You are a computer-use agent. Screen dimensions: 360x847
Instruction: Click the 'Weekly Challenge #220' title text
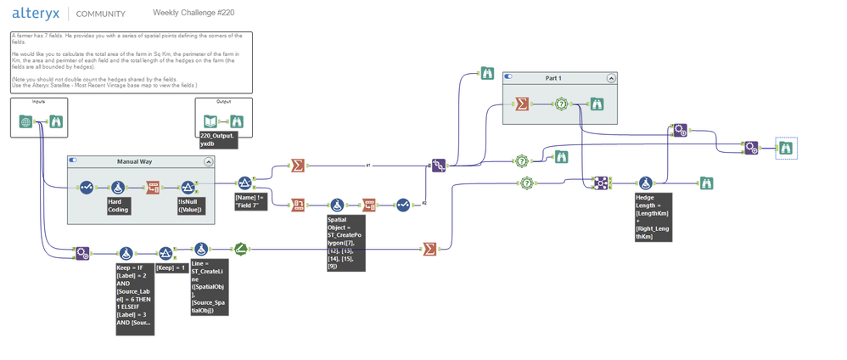[x=194, y=14]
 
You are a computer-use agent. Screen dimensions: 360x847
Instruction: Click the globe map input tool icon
[x=26, y=122]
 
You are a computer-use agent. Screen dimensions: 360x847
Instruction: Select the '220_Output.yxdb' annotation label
[x=219, y=140]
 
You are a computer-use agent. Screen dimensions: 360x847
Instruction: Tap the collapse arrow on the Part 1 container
[x=610, y=78]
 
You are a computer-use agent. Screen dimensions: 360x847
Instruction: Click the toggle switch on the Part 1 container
[x=509, y=77]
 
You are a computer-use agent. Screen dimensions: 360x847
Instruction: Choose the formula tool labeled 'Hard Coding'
[x=118, y=187]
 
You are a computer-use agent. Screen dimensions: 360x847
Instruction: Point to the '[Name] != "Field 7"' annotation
[x=250, y=200]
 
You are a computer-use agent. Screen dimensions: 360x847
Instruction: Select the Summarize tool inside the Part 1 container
[x=522, y=104]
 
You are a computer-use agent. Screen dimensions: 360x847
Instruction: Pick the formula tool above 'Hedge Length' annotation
[x=645, y=183]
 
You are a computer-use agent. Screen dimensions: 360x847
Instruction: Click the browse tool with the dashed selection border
[x=788, y=148]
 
